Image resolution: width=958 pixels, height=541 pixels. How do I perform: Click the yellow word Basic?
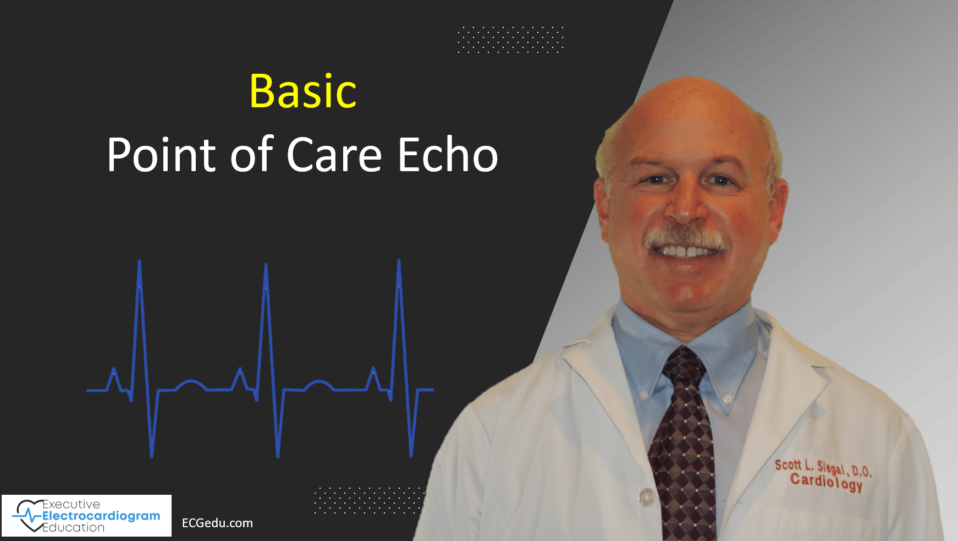[303, 91]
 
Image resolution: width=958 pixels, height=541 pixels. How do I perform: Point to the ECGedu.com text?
[217, 523]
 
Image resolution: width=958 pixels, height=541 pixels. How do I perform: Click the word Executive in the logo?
[71, 504]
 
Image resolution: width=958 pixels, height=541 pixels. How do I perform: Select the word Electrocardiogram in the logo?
[101, 516]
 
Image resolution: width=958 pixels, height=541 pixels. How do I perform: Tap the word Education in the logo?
[74, 527]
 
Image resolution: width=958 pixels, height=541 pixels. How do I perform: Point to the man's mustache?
[685, 238]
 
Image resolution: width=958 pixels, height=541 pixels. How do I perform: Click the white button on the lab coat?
[645, 497]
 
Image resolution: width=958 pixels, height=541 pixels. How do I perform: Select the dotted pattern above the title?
[510, 40]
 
